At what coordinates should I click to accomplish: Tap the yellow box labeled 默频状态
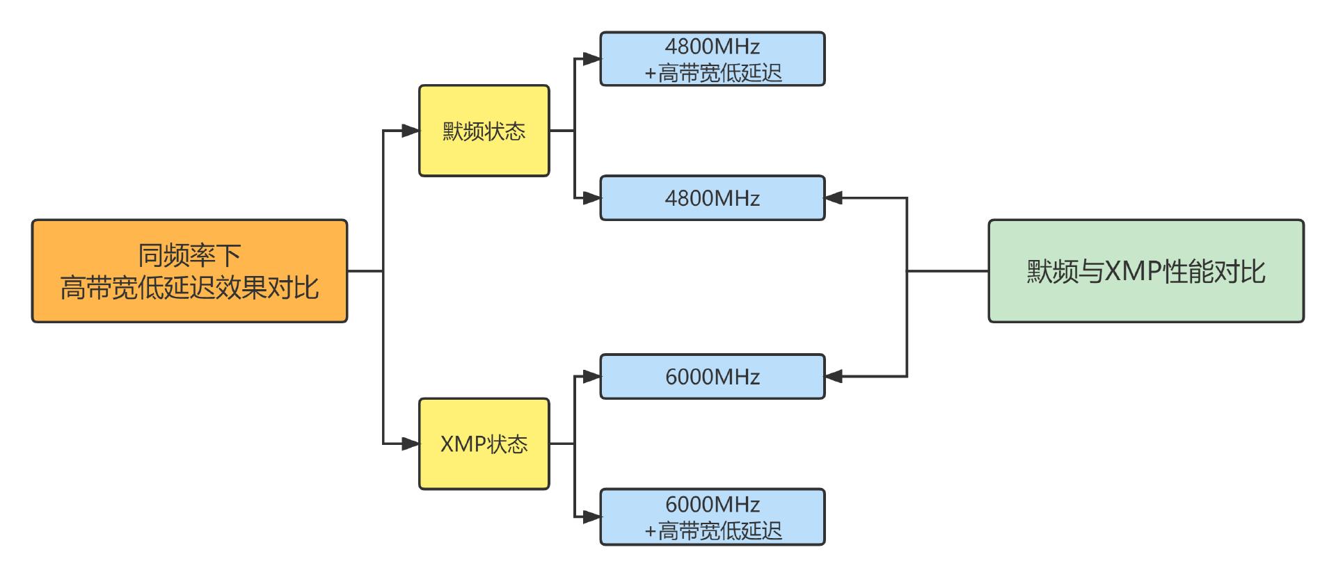[484, 131]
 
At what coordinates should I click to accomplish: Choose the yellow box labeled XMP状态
[484, 444]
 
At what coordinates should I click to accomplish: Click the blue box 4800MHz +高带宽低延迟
[712, 59]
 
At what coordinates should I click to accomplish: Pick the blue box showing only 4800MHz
[712, 198]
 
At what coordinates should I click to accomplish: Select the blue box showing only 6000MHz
[712, 376]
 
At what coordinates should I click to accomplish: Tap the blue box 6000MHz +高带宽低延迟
[712, 517]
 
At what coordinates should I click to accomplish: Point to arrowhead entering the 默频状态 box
[411, 131]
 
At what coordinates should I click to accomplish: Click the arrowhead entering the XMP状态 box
[411, 444]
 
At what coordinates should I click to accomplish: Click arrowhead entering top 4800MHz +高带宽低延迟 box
[591, 59]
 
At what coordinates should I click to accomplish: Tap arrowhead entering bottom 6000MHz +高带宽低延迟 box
[591, 517]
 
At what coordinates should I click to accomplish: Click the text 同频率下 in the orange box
[189, 255]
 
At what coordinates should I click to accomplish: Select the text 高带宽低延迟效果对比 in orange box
[189, 287]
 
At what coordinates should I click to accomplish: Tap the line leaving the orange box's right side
[365, 270]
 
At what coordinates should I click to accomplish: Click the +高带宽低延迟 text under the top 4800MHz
[713, 73]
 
